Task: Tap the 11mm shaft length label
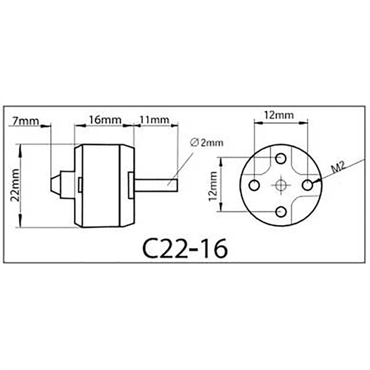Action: (x=152, y=118)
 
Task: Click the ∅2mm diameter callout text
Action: (x=205, y=142)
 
